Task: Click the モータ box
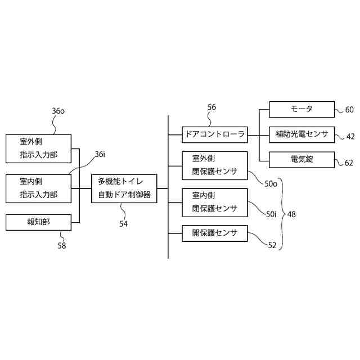[301, 109]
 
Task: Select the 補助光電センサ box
[301, 134]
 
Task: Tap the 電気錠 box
[301, 160]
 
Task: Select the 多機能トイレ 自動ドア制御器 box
[124, 188]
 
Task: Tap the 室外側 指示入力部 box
[39, 148]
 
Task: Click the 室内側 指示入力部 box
[39, 188]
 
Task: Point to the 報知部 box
[39, 222]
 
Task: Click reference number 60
[349, 110]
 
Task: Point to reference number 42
[350, 136]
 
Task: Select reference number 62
[349, 163]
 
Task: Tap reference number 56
[211, 107]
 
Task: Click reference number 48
[291, 214]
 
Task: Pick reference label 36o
[58, 111]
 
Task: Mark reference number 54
[123, 223]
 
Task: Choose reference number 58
[61, 245]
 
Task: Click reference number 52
[272, 245]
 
